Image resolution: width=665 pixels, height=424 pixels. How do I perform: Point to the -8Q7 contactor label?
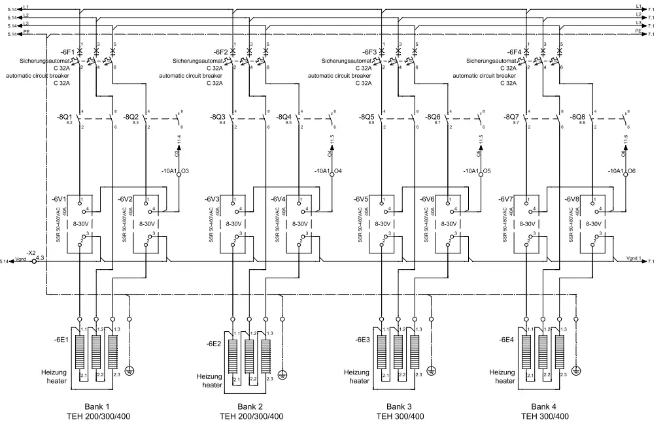(512, 116)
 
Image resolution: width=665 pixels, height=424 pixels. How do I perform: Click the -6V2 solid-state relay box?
(150, 222)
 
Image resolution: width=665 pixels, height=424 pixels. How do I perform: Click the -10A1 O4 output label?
(330, 171)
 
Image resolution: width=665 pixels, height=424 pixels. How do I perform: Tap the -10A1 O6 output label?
(625, 171)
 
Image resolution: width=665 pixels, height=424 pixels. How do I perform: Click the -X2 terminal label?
(31, 252)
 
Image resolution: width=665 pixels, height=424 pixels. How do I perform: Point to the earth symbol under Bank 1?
(129, 370)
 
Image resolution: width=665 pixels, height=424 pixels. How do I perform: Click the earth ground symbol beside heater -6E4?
(576, 370)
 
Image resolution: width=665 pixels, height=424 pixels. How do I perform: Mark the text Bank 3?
(399, 406)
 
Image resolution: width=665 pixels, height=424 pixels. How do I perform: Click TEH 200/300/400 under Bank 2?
(251, 416)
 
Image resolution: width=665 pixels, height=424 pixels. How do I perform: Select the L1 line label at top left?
(26, 7)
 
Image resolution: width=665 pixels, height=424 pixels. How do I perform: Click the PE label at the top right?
(639, 30)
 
